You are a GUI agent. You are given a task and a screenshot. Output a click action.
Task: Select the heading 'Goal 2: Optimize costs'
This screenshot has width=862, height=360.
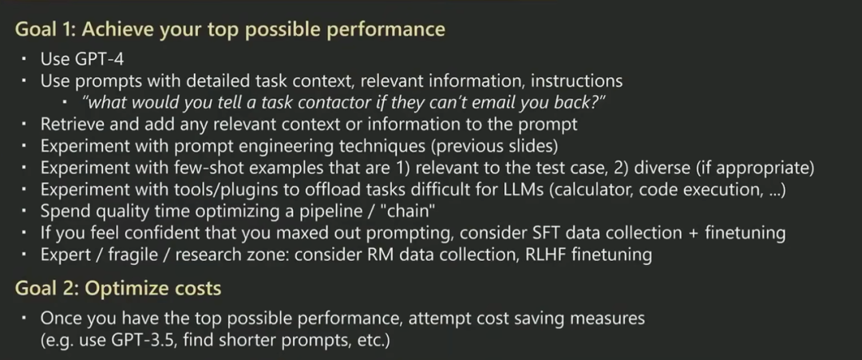click(118, 288)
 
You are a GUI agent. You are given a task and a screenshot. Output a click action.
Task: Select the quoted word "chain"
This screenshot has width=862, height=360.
click(408, 211)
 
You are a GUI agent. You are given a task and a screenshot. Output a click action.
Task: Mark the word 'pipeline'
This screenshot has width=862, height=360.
click(317, 212)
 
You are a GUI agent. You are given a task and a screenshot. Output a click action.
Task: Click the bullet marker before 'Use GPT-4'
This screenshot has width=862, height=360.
click(24, 59)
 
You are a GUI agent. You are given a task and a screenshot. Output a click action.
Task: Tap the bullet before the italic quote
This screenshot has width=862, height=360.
click(65, 102)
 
